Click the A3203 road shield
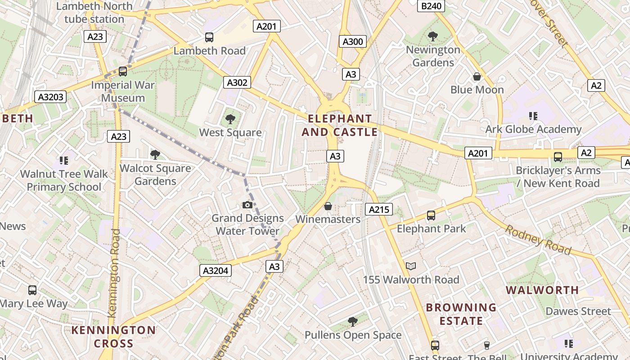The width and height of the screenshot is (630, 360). pos(50,97)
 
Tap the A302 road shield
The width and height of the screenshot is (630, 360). pos(237,82)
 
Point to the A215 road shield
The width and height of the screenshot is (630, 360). pos(378,209)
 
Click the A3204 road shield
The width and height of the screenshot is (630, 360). pos(216,270)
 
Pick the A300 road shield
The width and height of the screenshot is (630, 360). pos(353,42)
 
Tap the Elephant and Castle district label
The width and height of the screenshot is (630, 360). pos(340,126)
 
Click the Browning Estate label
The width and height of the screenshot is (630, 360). pos(461,314)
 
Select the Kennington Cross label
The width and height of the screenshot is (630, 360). pos(113,337)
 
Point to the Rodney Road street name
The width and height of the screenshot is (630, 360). pos(538,240)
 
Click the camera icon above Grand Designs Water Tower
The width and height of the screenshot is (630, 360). pos(247,205)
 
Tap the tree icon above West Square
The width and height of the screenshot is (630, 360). pos(230,119)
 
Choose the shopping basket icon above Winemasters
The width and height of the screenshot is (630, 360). pos(328,206)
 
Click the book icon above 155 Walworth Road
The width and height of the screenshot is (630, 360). pos(411,266)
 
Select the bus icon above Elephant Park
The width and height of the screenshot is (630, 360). pos(431,216)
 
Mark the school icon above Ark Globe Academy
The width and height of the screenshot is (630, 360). pos(533,116)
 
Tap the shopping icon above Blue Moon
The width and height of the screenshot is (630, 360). pos(477,76)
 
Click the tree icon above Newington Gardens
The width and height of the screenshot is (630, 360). pos(433,36)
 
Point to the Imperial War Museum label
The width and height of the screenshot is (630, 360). pos(123,91)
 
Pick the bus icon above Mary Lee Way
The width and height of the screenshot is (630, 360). pos(32,290)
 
